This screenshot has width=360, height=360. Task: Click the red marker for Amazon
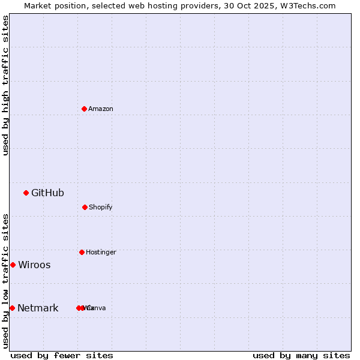84,109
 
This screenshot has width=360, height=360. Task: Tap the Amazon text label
101,109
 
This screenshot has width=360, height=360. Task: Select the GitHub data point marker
26,193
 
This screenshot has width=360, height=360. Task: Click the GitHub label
47,193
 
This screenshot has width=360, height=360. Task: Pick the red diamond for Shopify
85,207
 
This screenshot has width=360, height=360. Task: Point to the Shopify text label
101,207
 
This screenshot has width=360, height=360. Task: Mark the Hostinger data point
82,252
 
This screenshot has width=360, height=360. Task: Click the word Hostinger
101,252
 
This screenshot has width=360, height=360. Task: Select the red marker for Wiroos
13,265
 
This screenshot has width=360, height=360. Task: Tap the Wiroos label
34,265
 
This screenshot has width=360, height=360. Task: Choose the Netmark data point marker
12,308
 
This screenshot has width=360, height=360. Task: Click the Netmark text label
38,308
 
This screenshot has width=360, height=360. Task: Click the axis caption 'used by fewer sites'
62,355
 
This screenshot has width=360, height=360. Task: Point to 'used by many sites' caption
301,355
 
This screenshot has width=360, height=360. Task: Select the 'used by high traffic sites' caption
5,85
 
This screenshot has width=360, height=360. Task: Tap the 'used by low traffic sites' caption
5,281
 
